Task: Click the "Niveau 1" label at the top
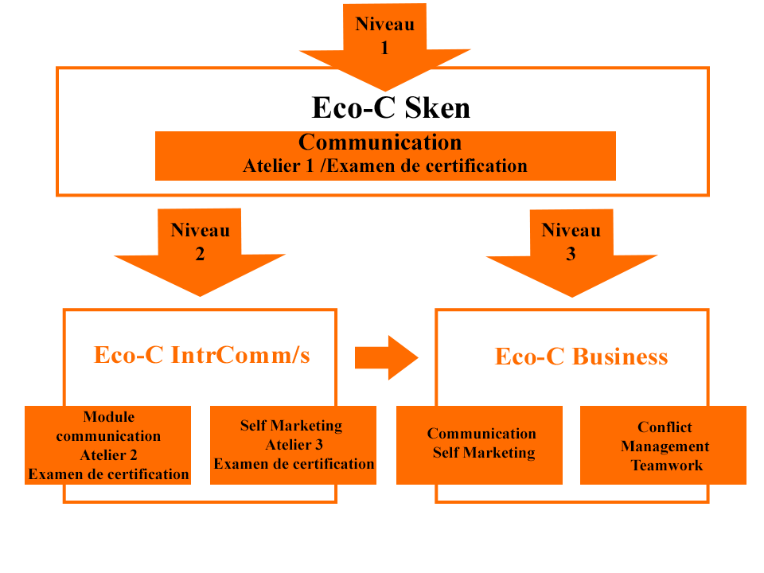[x=384, y=36]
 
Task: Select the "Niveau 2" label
[x=200, y=242]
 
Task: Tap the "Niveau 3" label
[x=571, y=242]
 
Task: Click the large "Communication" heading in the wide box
[x=380, y=142]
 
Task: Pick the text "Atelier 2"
[x=108, y=455]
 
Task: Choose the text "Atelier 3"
[x=294, y=445]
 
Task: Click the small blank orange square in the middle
[x=386, y=357]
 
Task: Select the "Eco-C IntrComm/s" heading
[x=203, y=355]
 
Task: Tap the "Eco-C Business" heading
[x=578, y=357]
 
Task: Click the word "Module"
[x=109, y=417]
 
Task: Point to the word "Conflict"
[x=665, y=427]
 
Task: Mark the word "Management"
[x=665, y=446]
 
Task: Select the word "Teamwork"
[x=667, y=466]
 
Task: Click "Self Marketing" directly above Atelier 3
[x=291, y=426]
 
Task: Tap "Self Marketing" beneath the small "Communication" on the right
[x=484, y=453]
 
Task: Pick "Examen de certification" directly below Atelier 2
[x=109, y=474]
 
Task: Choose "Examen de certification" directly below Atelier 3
[x=294, y=464]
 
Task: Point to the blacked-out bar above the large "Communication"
[x=391, y=107]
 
